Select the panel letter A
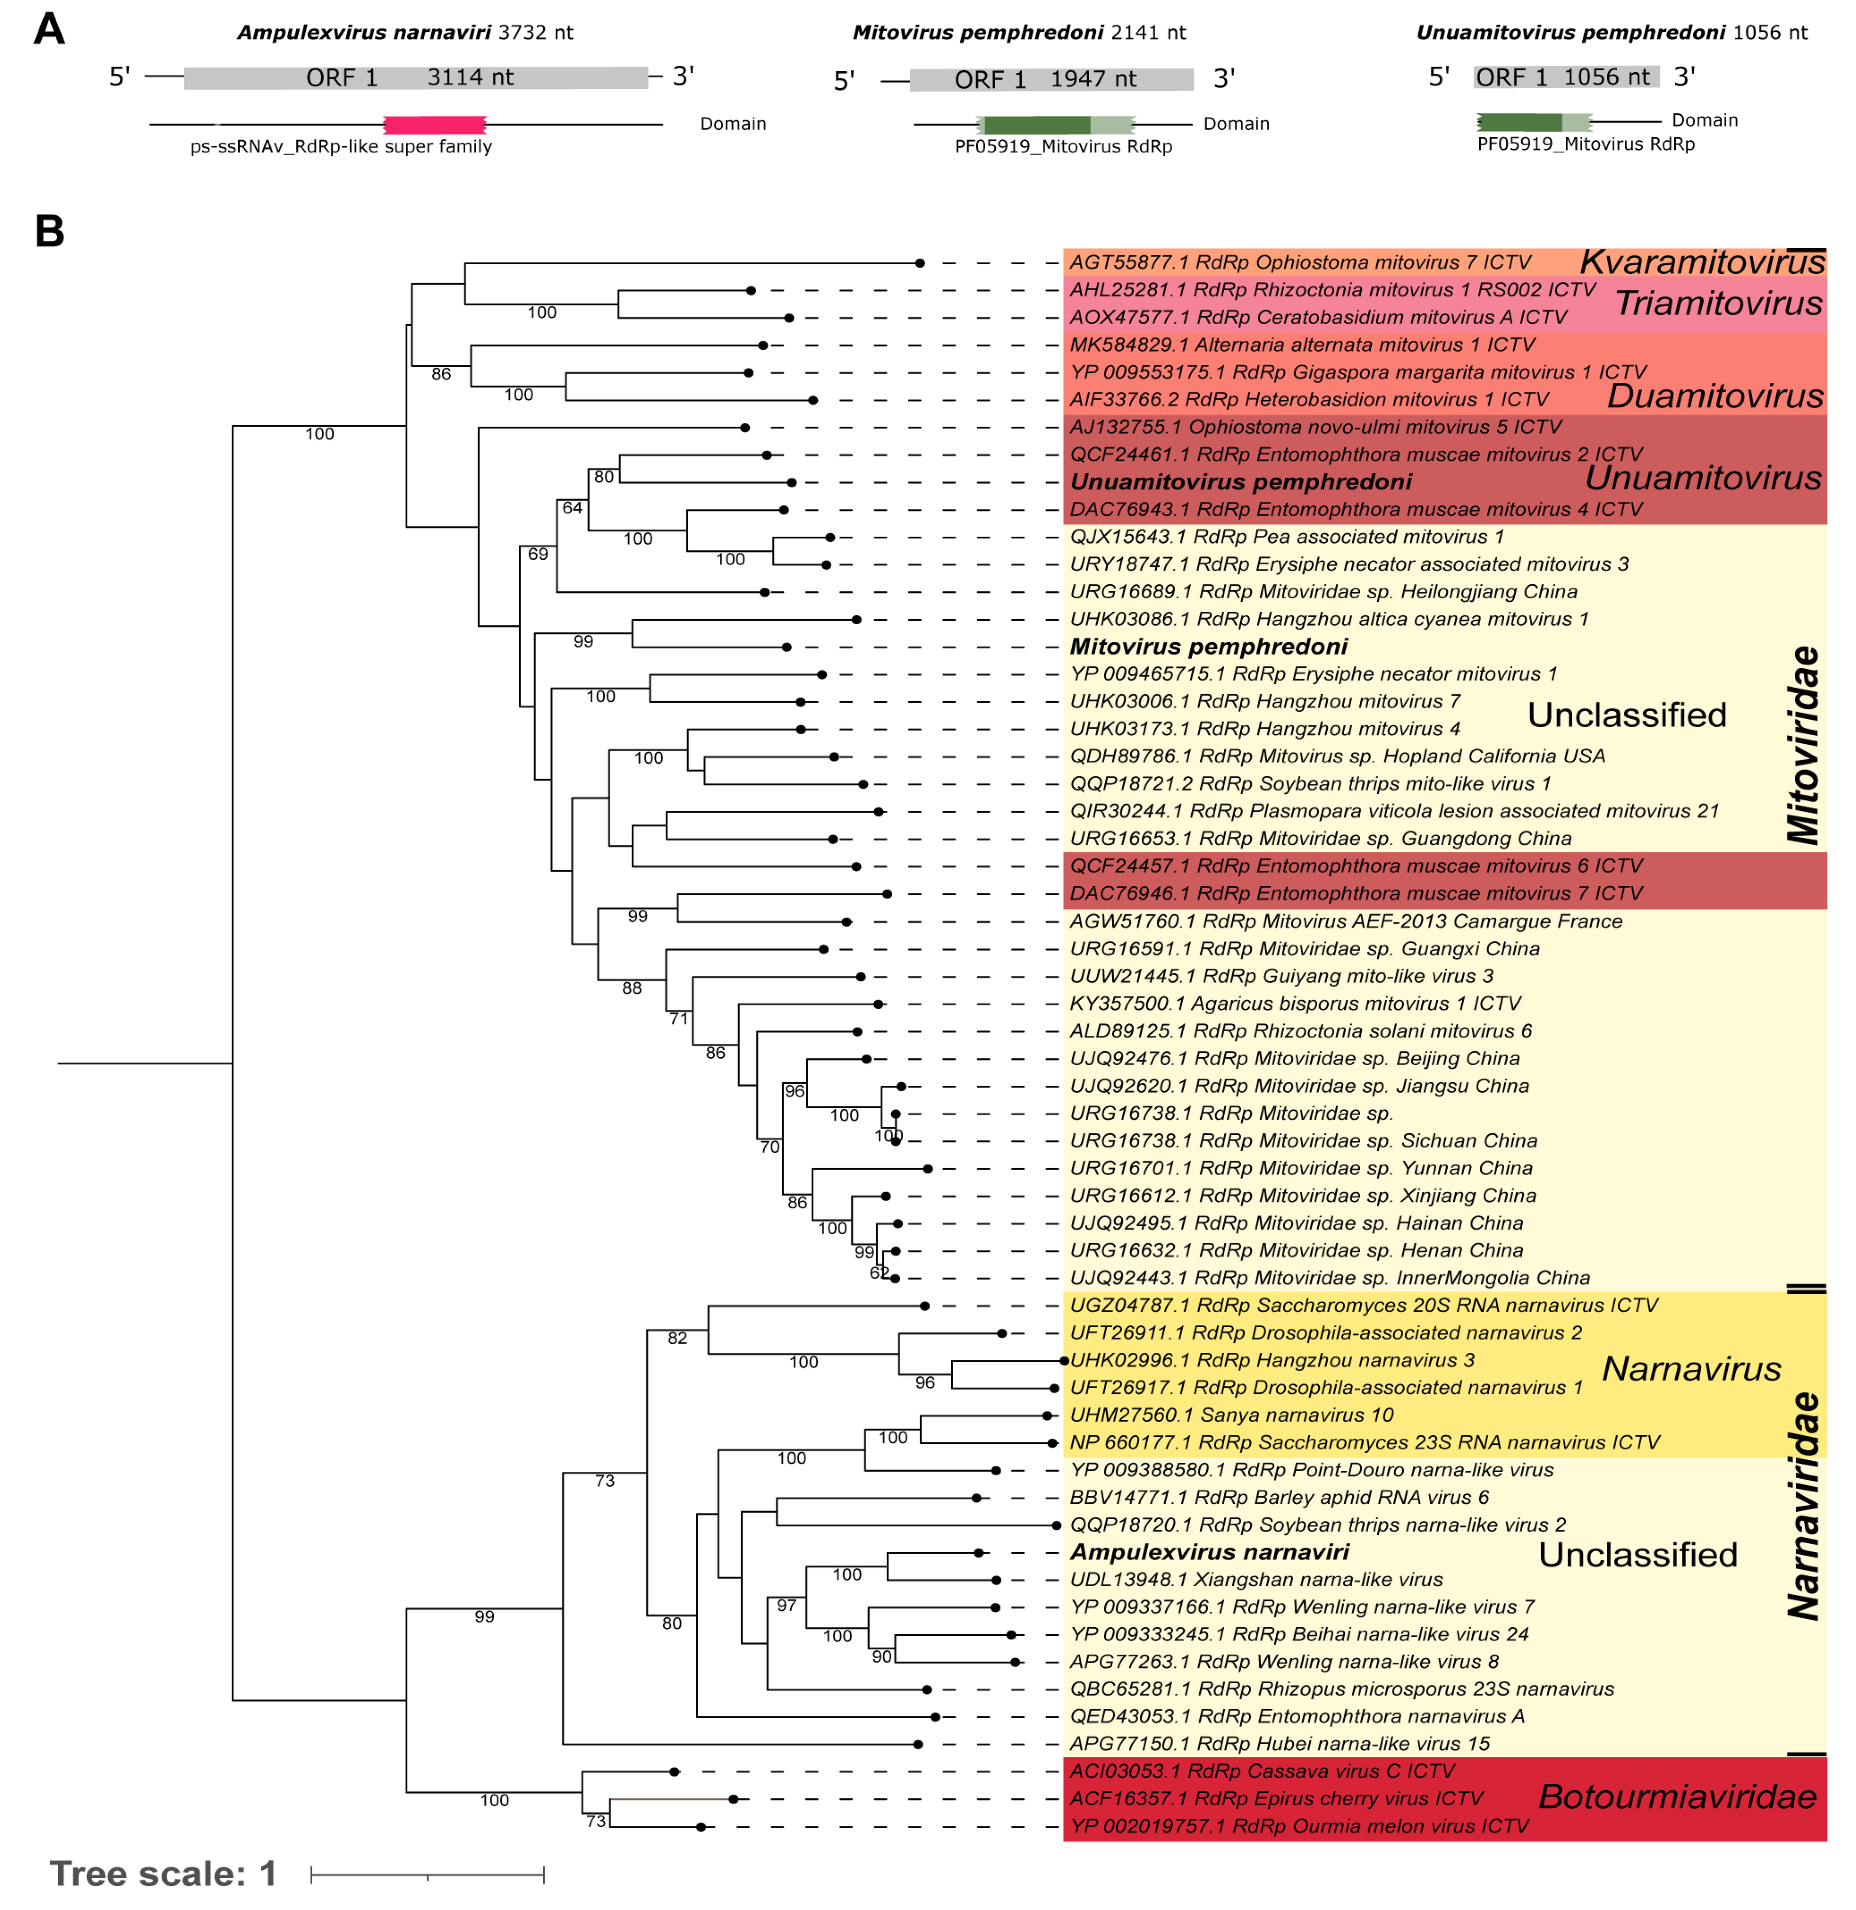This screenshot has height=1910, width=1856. click(49, 29)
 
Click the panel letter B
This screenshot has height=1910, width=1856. click(49, 232)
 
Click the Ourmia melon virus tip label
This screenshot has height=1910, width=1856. click(1298, 1826)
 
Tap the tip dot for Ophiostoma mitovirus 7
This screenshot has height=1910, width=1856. click(919, 263)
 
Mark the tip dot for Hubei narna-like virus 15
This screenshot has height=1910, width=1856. click(917, 1745)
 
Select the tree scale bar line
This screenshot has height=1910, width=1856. click(427, 1874)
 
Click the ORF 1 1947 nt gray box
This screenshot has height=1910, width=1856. click(1051, 80)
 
